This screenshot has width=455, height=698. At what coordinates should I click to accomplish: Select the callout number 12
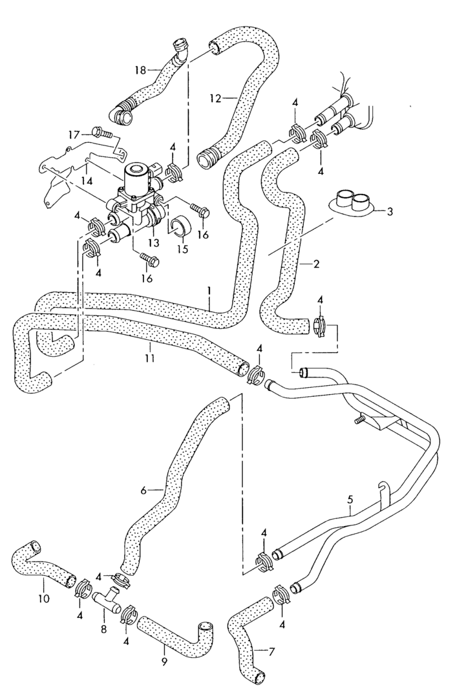tap(215, 98)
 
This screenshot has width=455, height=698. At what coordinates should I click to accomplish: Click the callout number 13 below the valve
tap(153, 242)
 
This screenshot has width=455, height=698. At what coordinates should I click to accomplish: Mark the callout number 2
tap(317, 264)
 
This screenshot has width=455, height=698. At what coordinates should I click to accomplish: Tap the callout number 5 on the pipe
tap(350, 499)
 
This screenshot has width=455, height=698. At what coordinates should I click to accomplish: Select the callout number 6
tap(143, 491)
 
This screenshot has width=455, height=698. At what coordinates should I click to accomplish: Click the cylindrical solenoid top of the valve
tap(138, 175)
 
